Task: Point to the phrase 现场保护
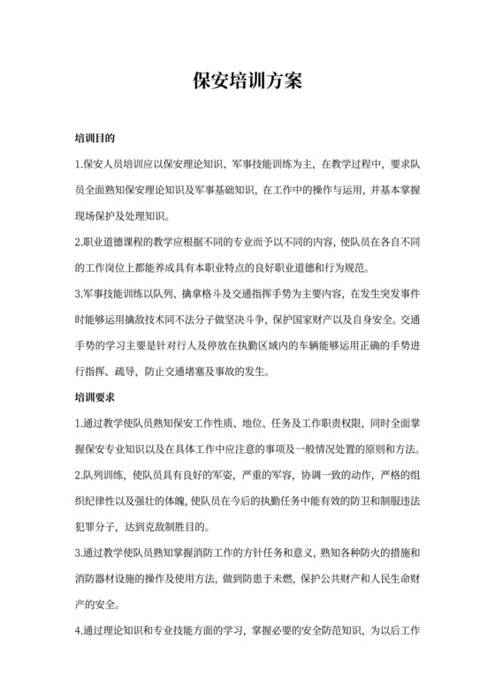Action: point(95,215)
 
